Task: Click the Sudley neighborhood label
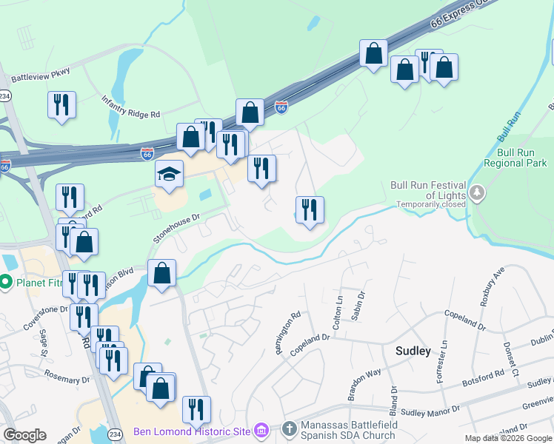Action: pyautogui.click(x=413, y=351)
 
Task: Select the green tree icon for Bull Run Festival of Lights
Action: pyautogui.click(x=478, y=194)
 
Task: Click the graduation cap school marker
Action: pyautogui.click(x=169, y=175)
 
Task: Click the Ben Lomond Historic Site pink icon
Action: pyautogui.click(x=261, y=430)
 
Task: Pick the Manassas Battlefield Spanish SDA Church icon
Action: pyautogui.click(x=289, y=428)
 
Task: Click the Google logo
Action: pyautogui.click(x=24, y=435)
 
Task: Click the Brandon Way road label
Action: pyautogui.click(x=364, y=383)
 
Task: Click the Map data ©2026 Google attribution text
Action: pyautogui.click(x=508, y=438)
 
